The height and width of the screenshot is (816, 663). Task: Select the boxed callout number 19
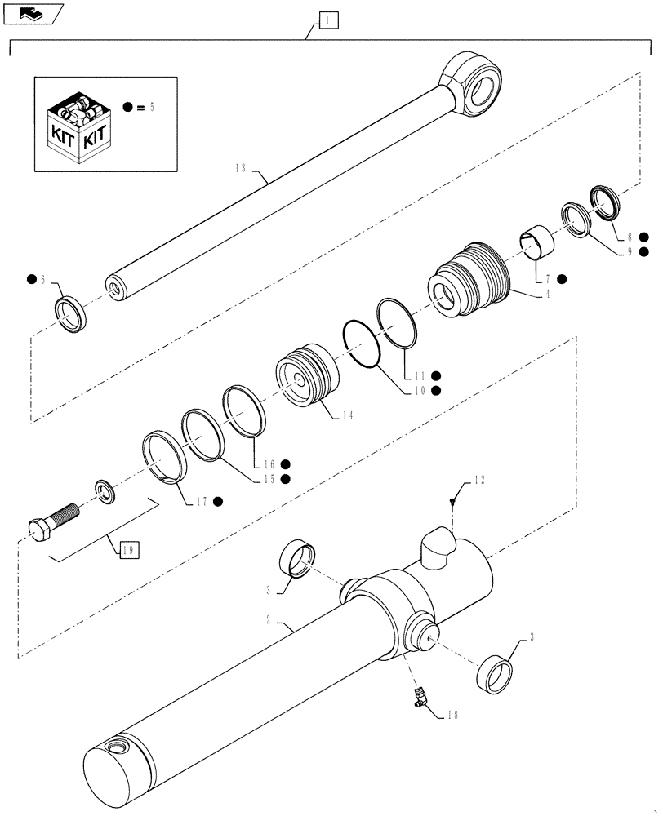127,551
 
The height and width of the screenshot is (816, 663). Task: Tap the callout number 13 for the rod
242,168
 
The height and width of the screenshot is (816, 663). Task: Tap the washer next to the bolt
106,491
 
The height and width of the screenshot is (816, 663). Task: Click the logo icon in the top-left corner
31,11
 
